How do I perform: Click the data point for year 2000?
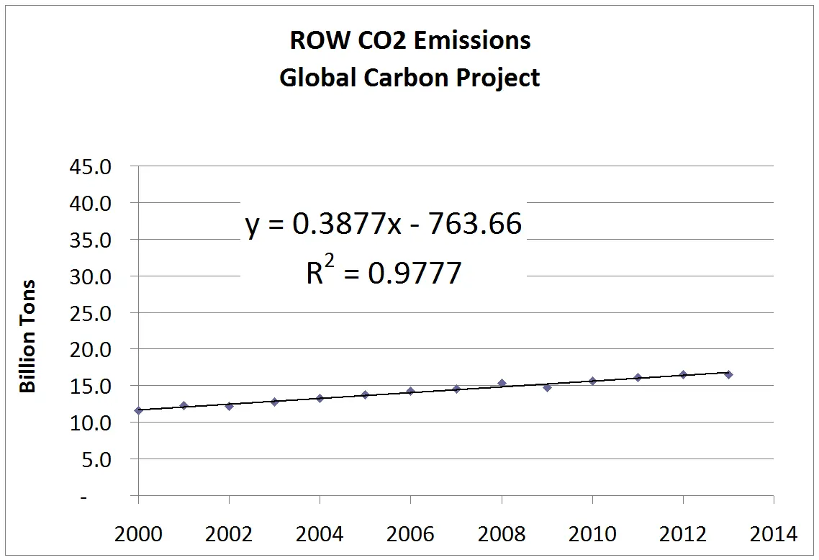point(138,410)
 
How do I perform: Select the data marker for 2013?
point(728,374)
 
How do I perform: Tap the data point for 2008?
point(502,384)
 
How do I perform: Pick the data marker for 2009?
point(547,387)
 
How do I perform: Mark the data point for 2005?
point(365,394)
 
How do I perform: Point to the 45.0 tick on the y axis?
point(91,167)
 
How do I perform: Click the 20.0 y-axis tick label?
point(91,350)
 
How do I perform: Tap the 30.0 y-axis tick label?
point(91,276)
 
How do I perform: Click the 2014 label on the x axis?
point(773,535)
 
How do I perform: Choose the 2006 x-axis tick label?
point(410,535)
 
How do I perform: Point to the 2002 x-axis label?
point(229,535)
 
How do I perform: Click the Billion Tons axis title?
point(27,337)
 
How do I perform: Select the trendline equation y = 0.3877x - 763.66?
point(384,225)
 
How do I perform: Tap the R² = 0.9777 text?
point(384,273)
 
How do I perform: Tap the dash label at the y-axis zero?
point(105,497)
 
